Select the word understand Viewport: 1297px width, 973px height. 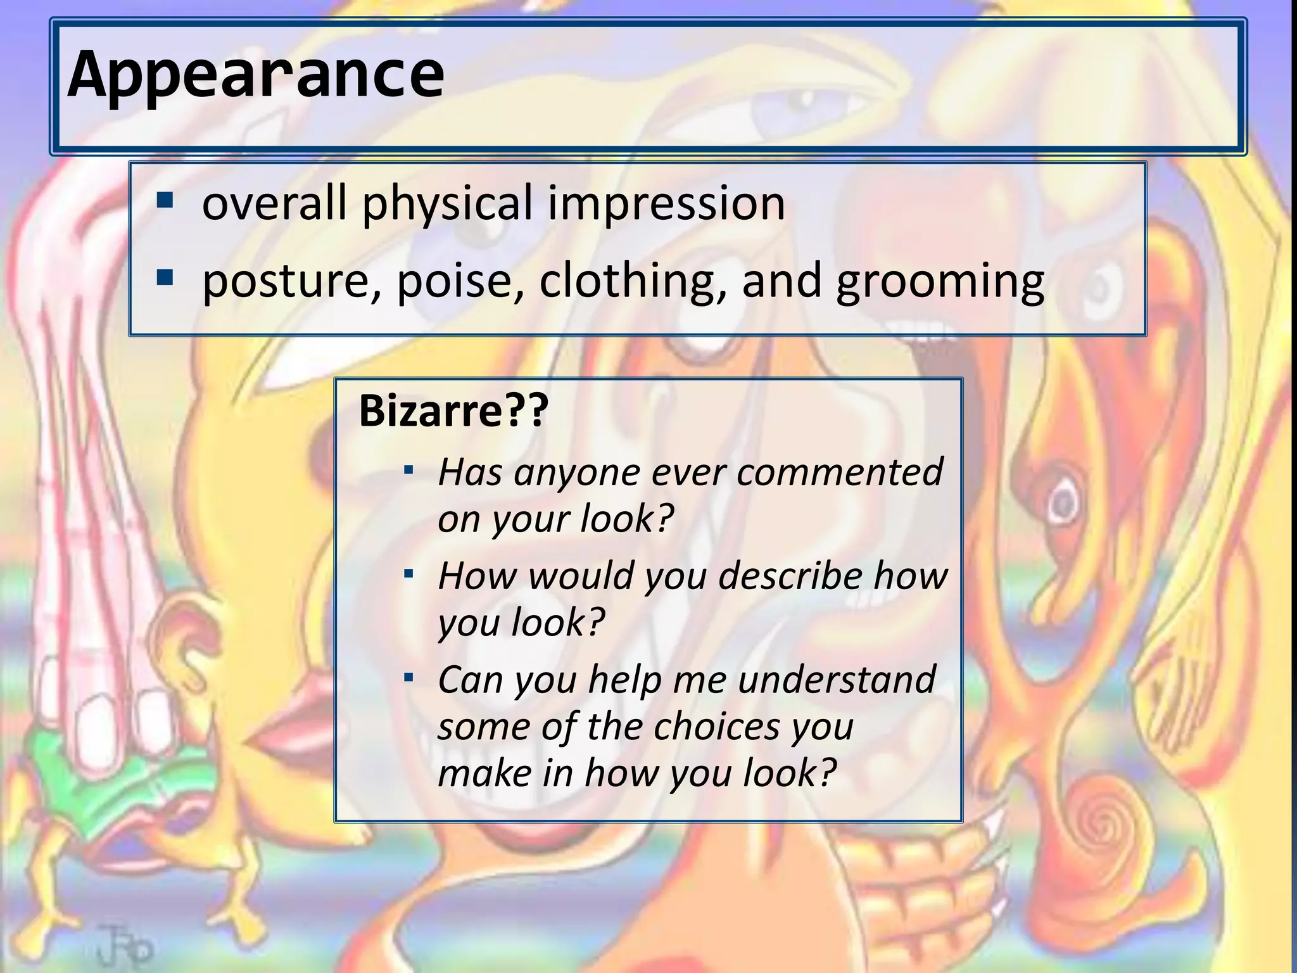click(x=837, y=680)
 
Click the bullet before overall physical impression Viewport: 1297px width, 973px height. click(x=165, y=201)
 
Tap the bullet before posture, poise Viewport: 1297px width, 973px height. click(x=165, y=278)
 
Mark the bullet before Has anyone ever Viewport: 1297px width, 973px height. click(x=409, y=471)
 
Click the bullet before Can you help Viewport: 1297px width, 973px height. click(x=409, y=678)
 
